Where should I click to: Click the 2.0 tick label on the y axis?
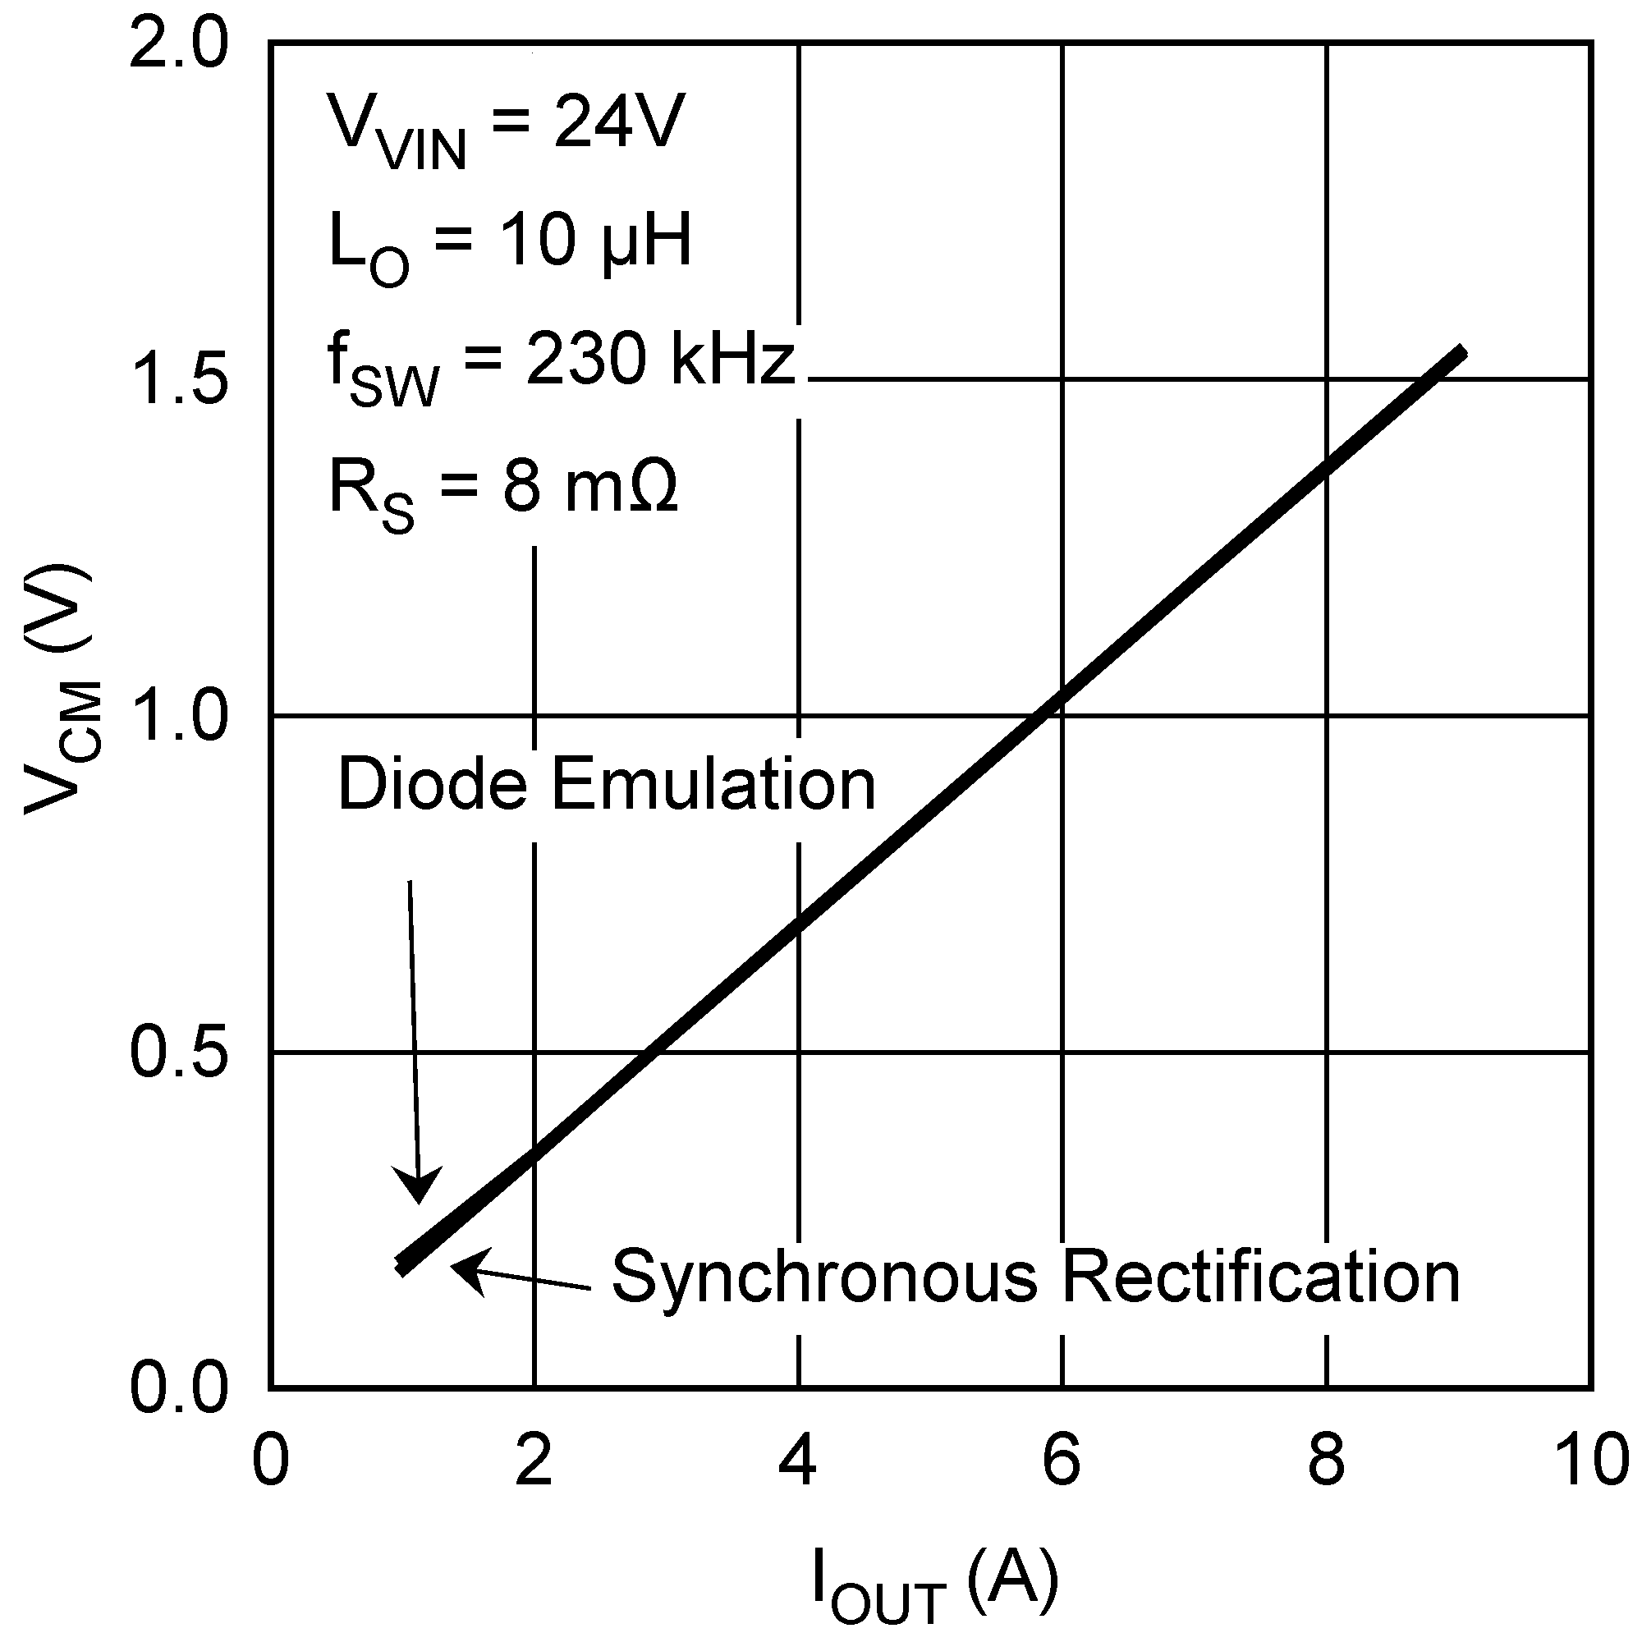tap(178, 44)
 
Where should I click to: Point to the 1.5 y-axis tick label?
tap(178, 379)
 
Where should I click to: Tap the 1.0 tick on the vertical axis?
tap(178, 716)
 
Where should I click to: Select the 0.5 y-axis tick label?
tap(178, 1053)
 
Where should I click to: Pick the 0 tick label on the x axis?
tap(270, 1460)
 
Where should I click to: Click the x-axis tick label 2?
tap(534, 1460)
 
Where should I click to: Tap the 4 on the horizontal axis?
tap(798, 1460)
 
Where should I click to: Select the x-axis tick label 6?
tap(1062, 1460)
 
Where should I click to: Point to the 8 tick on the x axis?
tap(1326, 1460)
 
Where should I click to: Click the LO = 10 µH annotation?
tap(510, 246)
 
